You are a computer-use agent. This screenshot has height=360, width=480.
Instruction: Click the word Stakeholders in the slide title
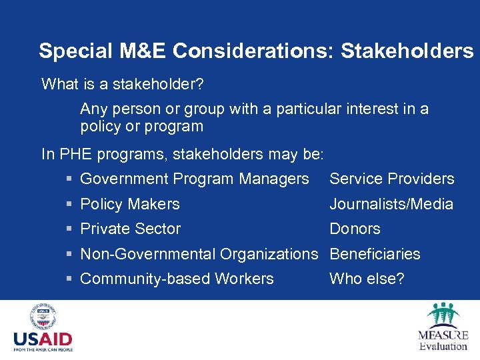[407, 51]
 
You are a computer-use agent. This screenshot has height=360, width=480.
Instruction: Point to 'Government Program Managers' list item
[194, 179]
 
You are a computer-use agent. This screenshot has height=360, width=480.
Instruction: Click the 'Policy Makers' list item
[130, 204]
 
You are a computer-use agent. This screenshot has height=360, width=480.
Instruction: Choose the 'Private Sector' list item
[130, 229]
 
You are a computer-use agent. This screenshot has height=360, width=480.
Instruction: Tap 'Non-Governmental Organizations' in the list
[199, 254]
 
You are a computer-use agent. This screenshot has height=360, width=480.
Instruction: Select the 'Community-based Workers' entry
[177, 279]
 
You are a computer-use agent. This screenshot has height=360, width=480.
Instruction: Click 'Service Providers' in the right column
[391, 179]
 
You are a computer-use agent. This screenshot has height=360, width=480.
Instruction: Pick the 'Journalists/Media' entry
[391, 204]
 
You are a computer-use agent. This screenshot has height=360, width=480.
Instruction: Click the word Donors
[355, 229]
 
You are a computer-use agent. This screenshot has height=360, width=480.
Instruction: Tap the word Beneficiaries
[375, 254]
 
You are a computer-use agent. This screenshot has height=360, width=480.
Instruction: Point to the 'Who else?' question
[367, 279]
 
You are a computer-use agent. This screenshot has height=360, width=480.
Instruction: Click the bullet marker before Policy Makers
[69, 205]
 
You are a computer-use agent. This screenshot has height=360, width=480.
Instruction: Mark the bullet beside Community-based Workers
[69, 279]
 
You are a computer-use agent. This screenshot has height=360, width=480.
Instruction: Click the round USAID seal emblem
[43, 317]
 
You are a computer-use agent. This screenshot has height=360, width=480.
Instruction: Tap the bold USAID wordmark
[43, 339]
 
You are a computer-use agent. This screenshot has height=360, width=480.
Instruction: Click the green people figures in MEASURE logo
[443, 314]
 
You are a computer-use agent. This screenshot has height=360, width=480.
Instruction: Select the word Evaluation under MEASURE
[443, 346]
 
